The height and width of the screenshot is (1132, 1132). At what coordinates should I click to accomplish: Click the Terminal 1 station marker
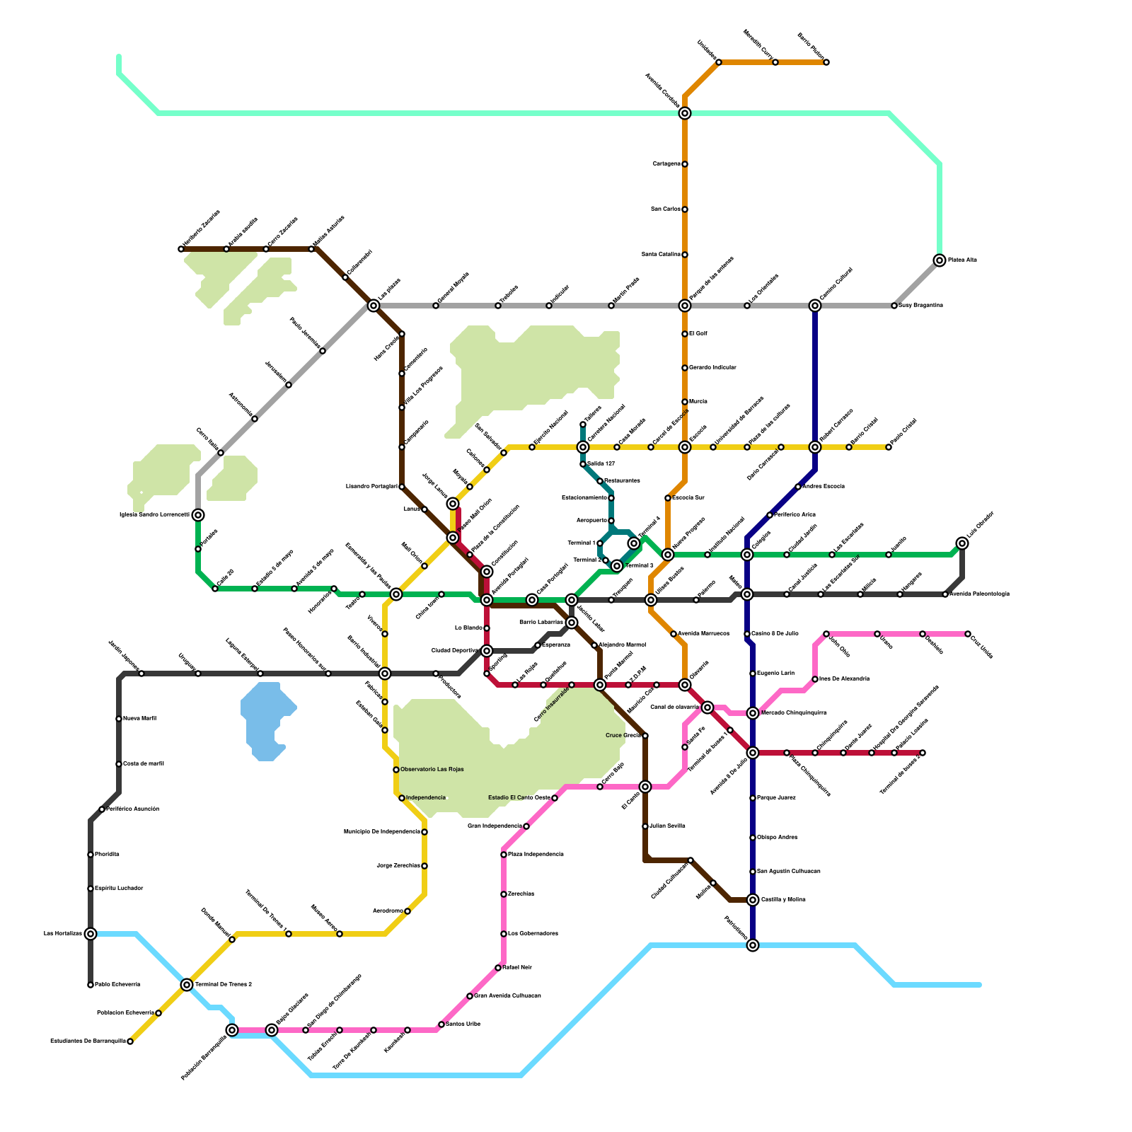600,543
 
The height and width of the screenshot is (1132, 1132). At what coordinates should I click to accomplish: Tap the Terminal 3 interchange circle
617,565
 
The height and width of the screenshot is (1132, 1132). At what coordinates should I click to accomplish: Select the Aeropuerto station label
591,521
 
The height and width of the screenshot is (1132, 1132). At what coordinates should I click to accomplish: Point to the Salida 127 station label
601,463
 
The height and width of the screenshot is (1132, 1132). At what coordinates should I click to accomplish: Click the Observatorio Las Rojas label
432,769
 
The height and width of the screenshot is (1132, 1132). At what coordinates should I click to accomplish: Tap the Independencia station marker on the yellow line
402,798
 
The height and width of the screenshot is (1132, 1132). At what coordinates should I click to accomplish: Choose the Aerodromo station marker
408,911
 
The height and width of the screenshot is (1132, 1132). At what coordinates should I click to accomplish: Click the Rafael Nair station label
517,967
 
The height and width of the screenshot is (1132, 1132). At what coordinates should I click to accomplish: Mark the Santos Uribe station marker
441,1024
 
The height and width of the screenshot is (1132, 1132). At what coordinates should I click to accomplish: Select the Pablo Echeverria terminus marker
91,985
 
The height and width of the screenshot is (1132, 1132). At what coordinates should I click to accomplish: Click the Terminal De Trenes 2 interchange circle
187,985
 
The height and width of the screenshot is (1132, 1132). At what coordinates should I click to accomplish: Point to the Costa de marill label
143,763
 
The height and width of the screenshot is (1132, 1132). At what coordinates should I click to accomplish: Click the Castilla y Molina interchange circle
753,900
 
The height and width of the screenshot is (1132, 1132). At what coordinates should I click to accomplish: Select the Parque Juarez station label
776,797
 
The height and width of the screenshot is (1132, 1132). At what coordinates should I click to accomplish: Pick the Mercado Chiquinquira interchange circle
753,713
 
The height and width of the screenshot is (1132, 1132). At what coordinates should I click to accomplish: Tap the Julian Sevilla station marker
645,826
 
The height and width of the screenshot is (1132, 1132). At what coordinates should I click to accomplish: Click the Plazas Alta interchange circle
940,260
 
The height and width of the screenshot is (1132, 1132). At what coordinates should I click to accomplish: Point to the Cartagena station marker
685,164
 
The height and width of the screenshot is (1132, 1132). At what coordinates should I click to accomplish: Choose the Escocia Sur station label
688,497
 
